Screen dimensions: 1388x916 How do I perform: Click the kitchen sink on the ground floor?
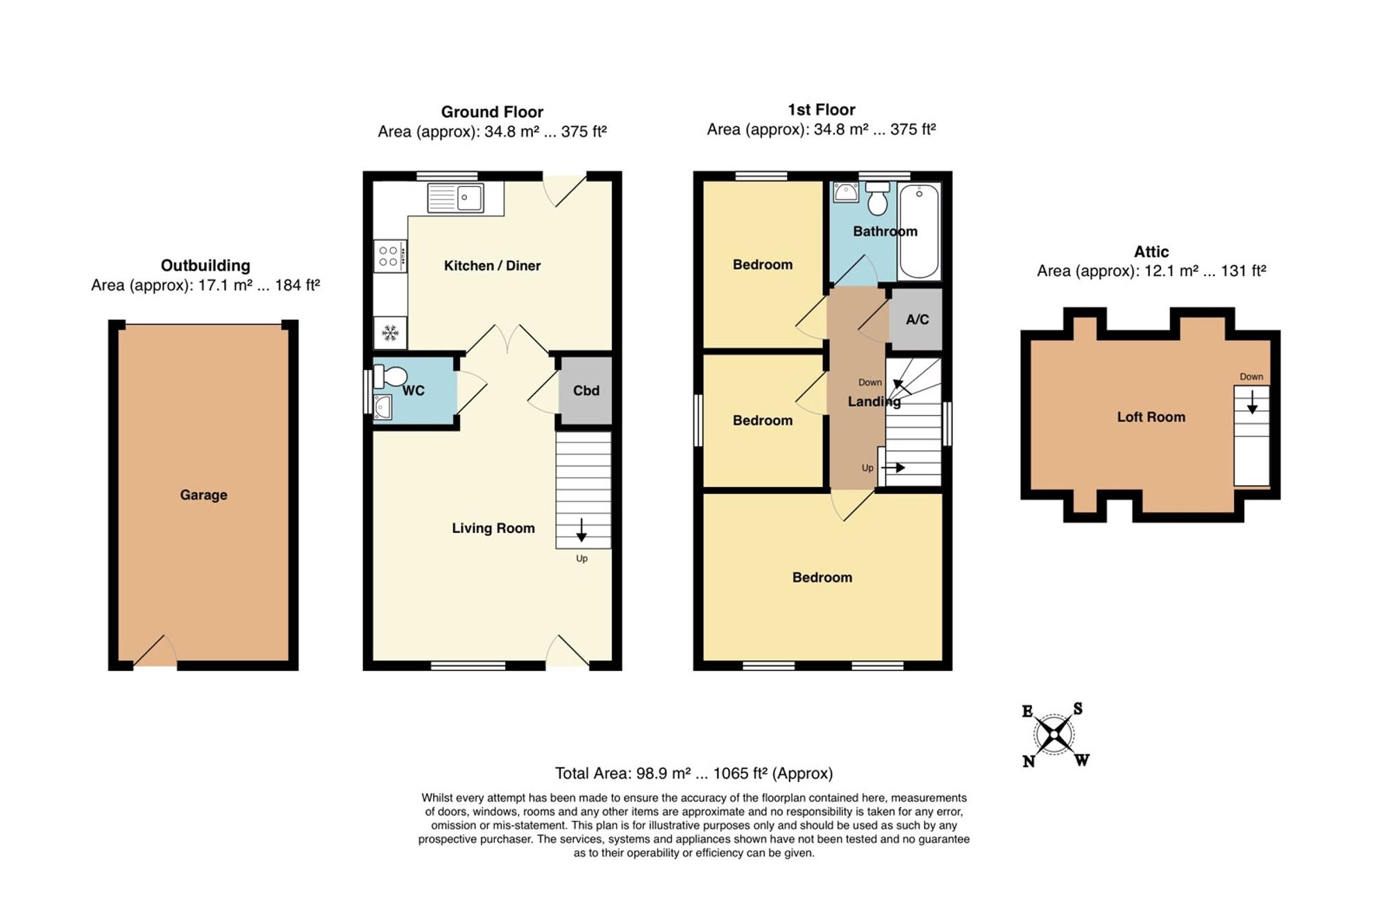coord(455,198)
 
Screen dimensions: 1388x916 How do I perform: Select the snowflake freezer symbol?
coord(390,334)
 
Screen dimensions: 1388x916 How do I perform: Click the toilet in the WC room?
coord(390,377)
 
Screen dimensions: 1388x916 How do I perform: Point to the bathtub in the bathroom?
coord(919,231)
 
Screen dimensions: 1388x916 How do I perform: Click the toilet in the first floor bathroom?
coord(878,198)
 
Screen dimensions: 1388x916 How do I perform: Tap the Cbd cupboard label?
coord(586,391)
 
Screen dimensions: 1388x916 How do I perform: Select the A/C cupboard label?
coord(917,319)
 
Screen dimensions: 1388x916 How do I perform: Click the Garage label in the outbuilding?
coord(203,495)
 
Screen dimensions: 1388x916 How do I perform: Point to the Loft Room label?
coord(1151,417)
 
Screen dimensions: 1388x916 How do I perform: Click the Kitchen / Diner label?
coord(492,266)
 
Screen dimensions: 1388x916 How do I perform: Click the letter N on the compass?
coord(1029,761)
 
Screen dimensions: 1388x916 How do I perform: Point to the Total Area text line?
coord(693,773)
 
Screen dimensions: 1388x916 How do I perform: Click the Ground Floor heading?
coord(492,112)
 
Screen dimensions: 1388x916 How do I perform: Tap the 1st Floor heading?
coord(821,110)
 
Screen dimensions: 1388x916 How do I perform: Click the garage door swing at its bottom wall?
coord(155,651)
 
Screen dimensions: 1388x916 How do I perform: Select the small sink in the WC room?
coord(382,407)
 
